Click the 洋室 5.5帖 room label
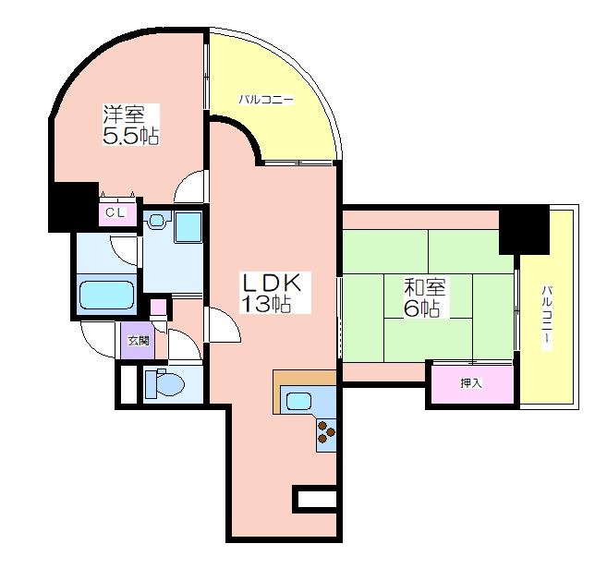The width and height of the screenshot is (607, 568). tap(131, 125)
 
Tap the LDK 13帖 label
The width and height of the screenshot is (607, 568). tap(270, 293)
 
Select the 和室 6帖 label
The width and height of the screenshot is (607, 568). tap(424, 298)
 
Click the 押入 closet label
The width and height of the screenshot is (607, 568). tap(471, 383)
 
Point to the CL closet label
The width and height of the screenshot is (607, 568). tap(115, 212)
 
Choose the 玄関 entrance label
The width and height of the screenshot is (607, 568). tap(139, 341)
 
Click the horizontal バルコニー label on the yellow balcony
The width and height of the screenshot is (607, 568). tap(266, 100)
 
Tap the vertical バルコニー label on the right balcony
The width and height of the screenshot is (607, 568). tap(546, 318)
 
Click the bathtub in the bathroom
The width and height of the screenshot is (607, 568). tap(106, 295)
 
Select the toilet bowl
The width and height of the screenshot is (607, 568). tap(164, 384)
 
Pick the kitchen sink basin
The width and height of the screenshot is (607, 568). tap(298, 401)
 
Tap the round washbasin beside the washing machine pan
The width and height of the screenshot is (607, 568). tap(157, 221)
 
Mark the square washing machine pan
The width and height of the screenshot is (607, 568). tap(188, 226)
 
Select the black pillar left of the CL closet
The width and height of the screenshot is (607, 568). tap(73, 208)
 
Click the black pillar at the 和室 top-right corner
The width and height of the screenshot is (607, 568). tap(524, 230)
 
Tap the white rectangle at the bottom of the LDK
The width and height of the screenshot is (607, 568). tap(316, 499)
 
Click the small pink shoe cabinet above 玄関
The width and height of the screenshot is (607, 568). tap(158, 308)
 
